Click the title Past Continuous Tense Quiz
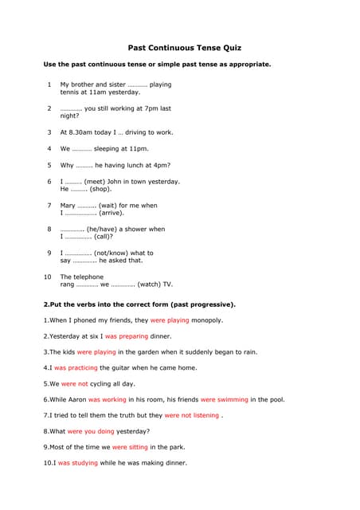185,48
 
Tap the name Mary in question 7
68,205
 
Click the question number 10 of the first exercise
48,277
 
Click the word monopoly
207,320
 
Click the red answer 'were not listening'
191,416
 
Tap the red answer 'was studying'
78,463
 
